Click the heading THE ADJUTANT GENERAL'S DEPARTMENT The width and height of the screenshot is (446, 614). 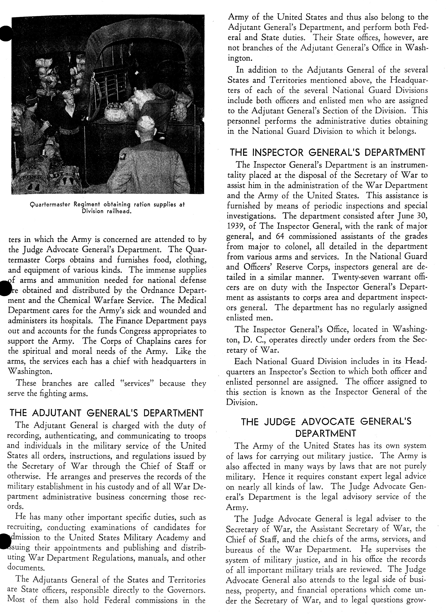click(106, 413)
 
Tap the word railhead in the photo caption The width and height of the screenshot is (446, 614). click(119, 211)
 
